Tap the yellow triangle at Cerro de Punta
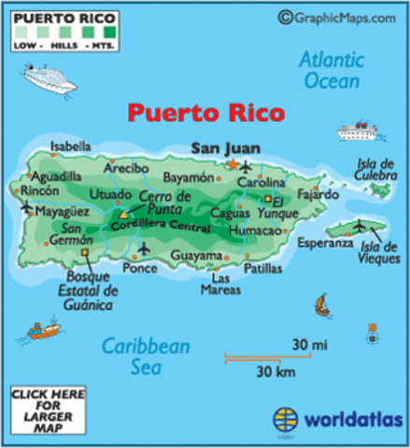pos(122,216)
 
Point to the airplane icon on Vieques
pos(361,225)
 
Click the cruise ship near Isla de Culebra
pos(361,132)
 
